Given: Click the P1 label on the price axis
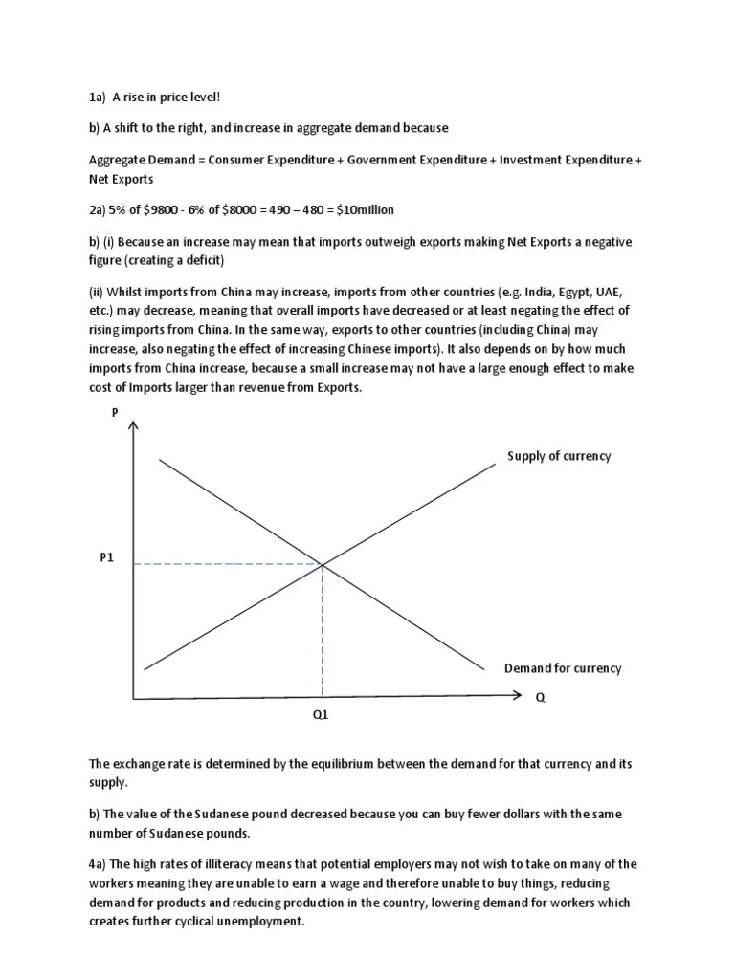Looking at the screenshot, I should coord(106,558).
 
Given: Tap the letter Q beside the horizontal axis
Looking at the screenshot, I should coord(540,697).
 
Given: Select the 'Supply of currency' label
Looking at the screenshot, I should coord(558,456).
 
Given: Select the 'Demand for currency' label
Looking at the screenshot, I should coord(562,668).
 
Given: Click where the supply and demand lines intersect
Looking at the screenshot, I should coord(322,565).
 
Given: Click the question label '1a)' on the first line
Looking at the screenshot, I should coord(97,97).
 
